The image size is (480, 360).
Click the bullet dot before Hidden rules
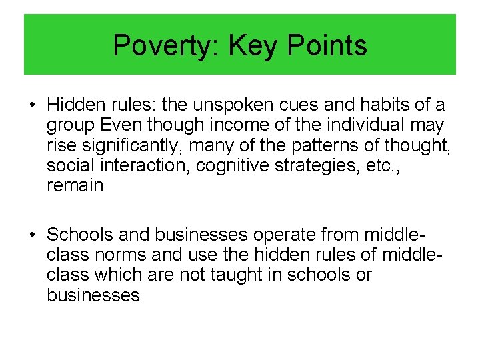click(x=32, y=105)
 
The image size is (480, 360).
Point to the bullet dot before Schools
click(x=32, y=235)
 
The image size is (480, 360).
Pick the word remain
click(x=75, y=185)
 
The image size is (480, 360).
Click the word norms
click(x=116, y=255)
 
